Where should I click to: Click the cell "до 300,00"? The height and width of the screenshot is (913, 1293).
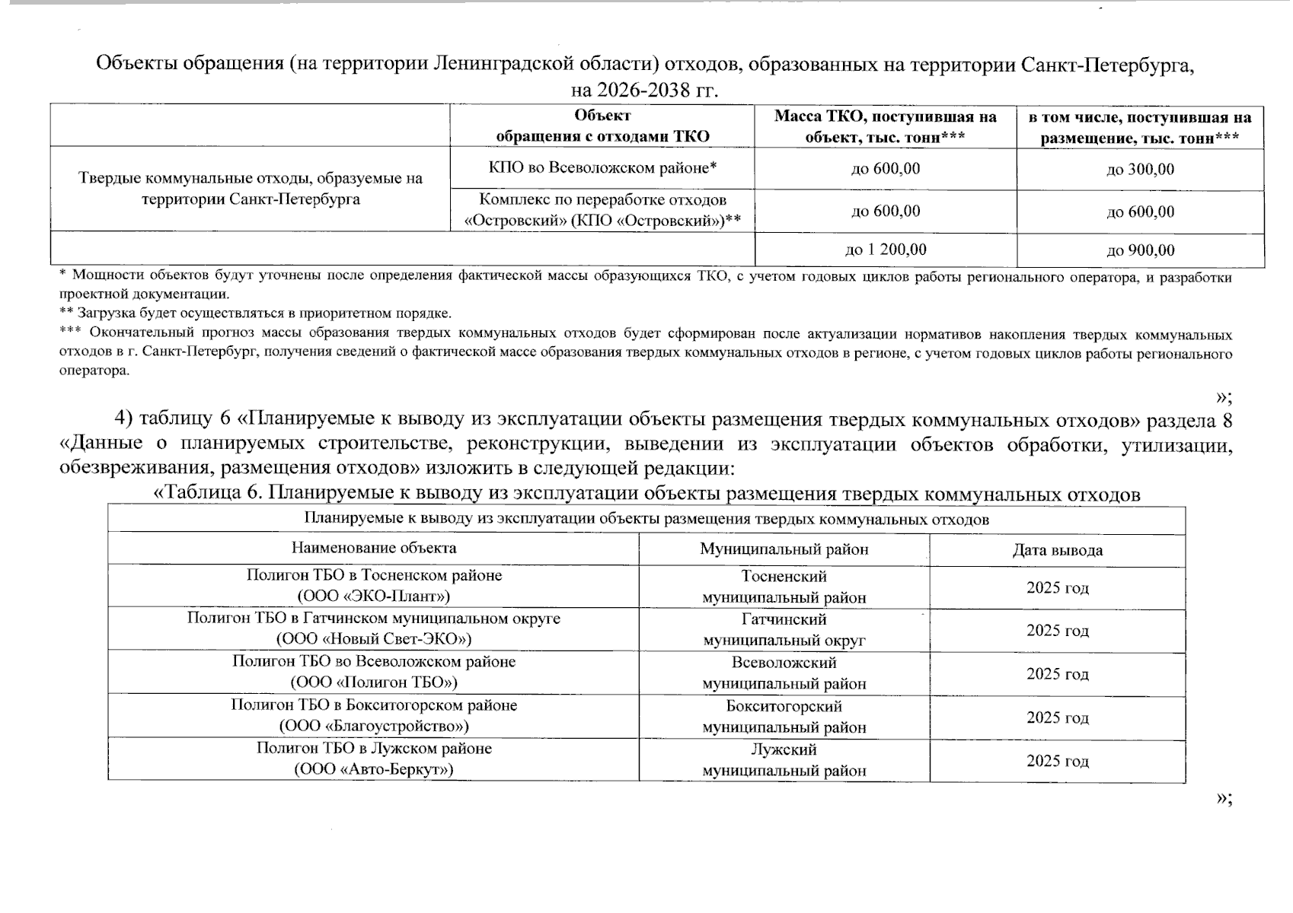pos(1140,169)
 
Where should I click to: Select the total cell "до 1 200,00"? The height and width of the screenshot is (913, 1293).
pos(886,250)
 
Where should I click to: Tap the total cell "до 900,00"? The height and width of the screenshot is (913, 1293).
pos(1140,250)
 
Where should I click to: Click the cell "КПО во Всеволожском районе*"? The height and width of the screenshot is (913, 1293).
pos(602,168)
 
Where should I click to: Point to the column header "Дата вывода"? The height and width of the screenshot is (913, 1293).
pos(1057,550)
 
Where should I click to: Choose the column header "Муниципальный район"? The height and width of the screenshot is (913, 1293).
pos(784,549)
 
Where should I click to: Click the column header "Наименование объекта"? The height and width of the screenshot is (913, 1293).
pos(374,548)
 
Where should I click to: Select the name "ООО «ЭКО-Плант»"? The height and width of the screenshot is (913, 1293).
pos(374,596)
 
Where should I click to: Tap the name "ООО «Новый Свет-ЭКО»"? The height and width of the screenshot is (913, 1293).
pos(374,638)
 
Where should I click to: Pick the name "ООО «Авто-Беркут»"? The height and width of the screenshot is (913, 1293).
pos(374,769)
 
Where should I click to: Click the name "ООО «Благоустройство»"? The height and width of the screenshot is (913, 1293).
pos(374,726)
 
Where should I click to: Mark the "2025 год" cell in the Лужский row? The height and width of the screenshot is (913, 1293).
pos(1057,761)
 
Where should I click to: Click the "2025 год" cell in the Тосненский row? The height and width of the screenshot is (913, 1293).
pos(1057,587)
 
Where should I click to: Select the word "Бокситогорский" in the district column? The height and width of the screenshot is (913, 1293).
pos(784,706)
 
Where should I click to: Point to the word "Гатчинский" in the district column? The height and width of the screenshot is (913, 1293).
pos(784,619)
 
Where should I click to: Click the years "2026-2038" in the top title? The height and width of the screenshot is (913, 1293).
pos(643,91)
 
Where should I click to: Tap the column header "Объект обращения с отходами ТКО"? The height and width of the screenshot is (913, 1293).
pos(602,126)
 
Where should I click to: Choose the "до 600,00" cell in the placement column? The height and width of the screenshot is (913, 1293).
pos(1140,212)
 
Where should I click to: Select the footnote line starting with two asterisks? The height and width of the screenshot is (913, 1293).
pos(255,313)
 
